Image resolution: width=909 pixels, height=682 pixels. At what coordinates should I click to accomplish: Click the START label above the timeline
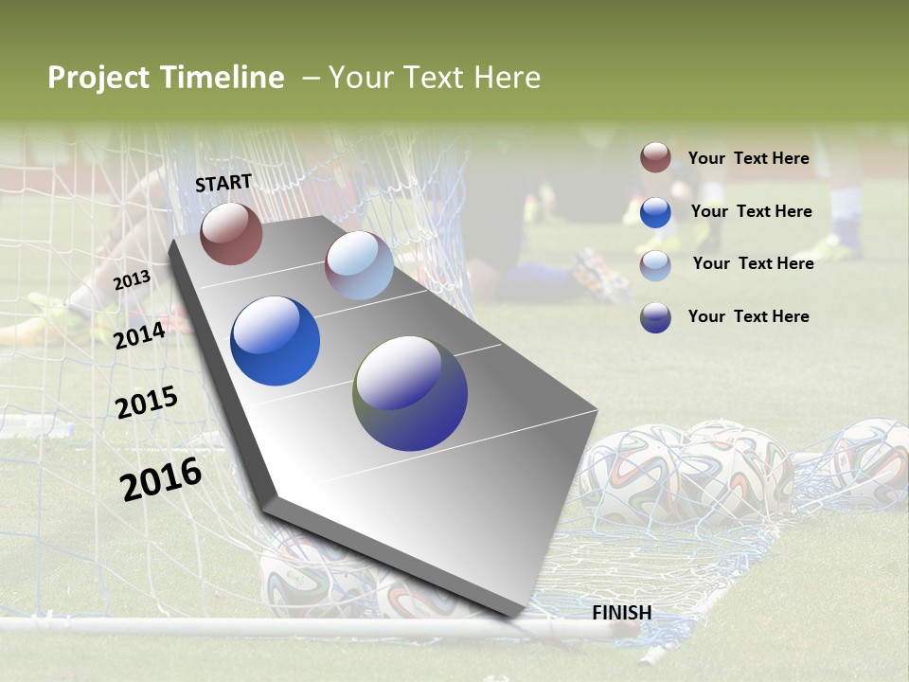click(x=223, y=183)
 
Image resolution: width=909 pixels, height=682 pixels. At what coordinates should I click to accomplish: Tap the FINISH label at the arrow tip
click(x=621, y=613)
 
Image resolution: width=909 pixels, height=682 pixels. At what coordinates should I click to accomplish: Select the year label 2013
click(x=132, y=280)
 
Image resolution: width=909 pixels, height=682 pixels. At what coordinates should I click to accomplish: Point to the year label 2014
click(x=139, y=335)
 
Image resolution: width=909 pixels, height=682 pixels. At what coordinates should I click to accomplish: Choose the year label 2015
click(x=147, y=403)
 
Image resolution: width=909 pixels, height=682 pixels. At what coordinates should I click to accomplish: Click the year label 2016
click(x=161, y=479)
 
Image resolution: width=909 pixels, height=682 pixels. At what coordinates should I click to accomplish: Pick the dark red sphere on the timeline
click(x=231, y=233)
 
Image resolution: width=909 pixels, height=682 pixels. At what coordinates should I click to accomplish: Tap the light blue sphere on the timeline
click(x=359, y=265)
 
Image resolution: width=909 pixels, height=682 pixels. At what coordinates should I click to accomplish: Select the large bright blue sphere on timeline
click(x=275, y=341)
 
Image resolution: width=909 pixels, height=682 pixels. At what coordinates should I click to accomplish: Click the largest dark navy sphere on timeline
click(x=410, y=393)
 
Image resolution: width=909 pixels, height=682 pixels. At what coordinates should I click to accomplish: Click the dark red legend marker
click(x=655, y=158)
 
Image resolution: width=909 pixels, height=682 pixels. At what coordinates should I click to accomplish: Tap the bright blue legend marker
click(x=655, y=212)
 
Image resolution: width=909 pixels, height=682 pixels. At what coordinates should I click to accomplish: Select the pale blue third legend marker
click(x=655, y=265)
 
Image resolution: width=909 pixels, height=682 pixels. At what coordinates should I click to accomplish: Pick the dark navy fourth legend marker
click(x=655, y=317)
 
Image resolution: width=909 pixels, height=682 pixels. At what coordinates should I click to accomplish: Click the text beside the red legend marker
click(x=748, y=158)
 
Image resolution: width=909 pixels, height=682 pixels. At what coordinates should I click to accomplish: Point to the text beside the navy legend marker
click(x=748, y=316)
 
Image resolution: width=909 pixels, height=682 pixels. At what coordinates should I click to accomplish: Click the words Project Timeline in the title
click(x=166, y=78)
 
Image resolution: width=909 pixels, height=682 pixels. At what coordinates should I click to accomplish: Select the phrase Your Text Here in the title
click(x=434, y=78)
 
